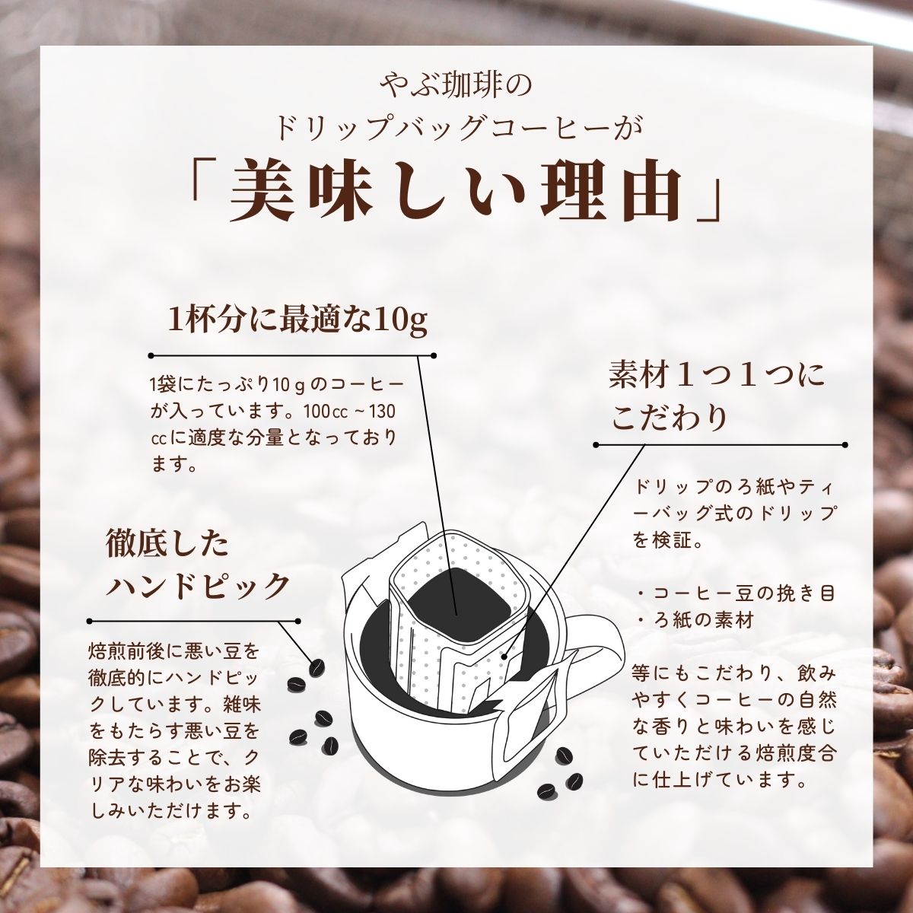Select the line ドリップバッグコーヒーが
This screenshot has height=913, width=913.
click(456, 126)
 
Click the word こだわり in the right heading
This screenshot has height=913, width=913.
click(670, 416)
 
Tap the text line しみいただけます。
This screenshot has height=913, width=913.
click(171, 811)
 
